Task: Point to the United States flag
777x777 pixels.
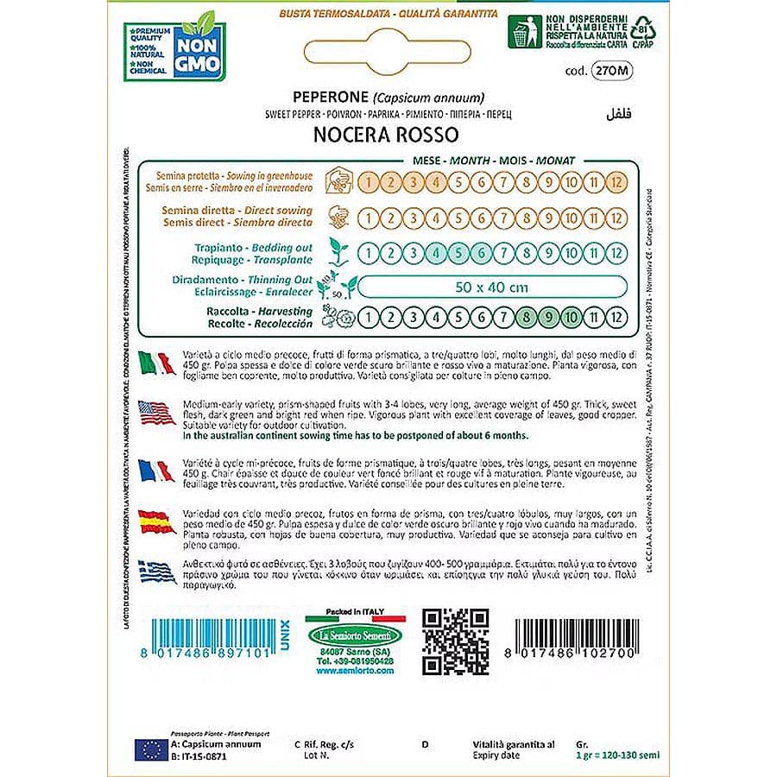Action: (157, 414)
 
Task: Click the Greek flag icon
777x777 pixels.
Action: (157, 571)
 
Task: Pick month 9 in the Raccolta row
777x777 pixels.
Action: (547, 317)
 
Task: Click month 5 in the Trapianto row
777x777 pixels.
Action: (458, 253)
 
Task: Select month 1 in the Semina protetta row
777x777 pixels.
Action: (369, 182)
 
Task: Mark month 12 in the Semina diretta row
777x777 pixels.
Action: (616, 218)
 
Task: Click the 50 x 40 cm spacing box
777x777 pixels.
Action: (491, 287)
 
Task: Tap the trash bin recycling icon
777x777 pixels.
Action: (521, 33)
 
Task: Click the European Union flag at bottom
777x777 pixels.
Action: (150, 748)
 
